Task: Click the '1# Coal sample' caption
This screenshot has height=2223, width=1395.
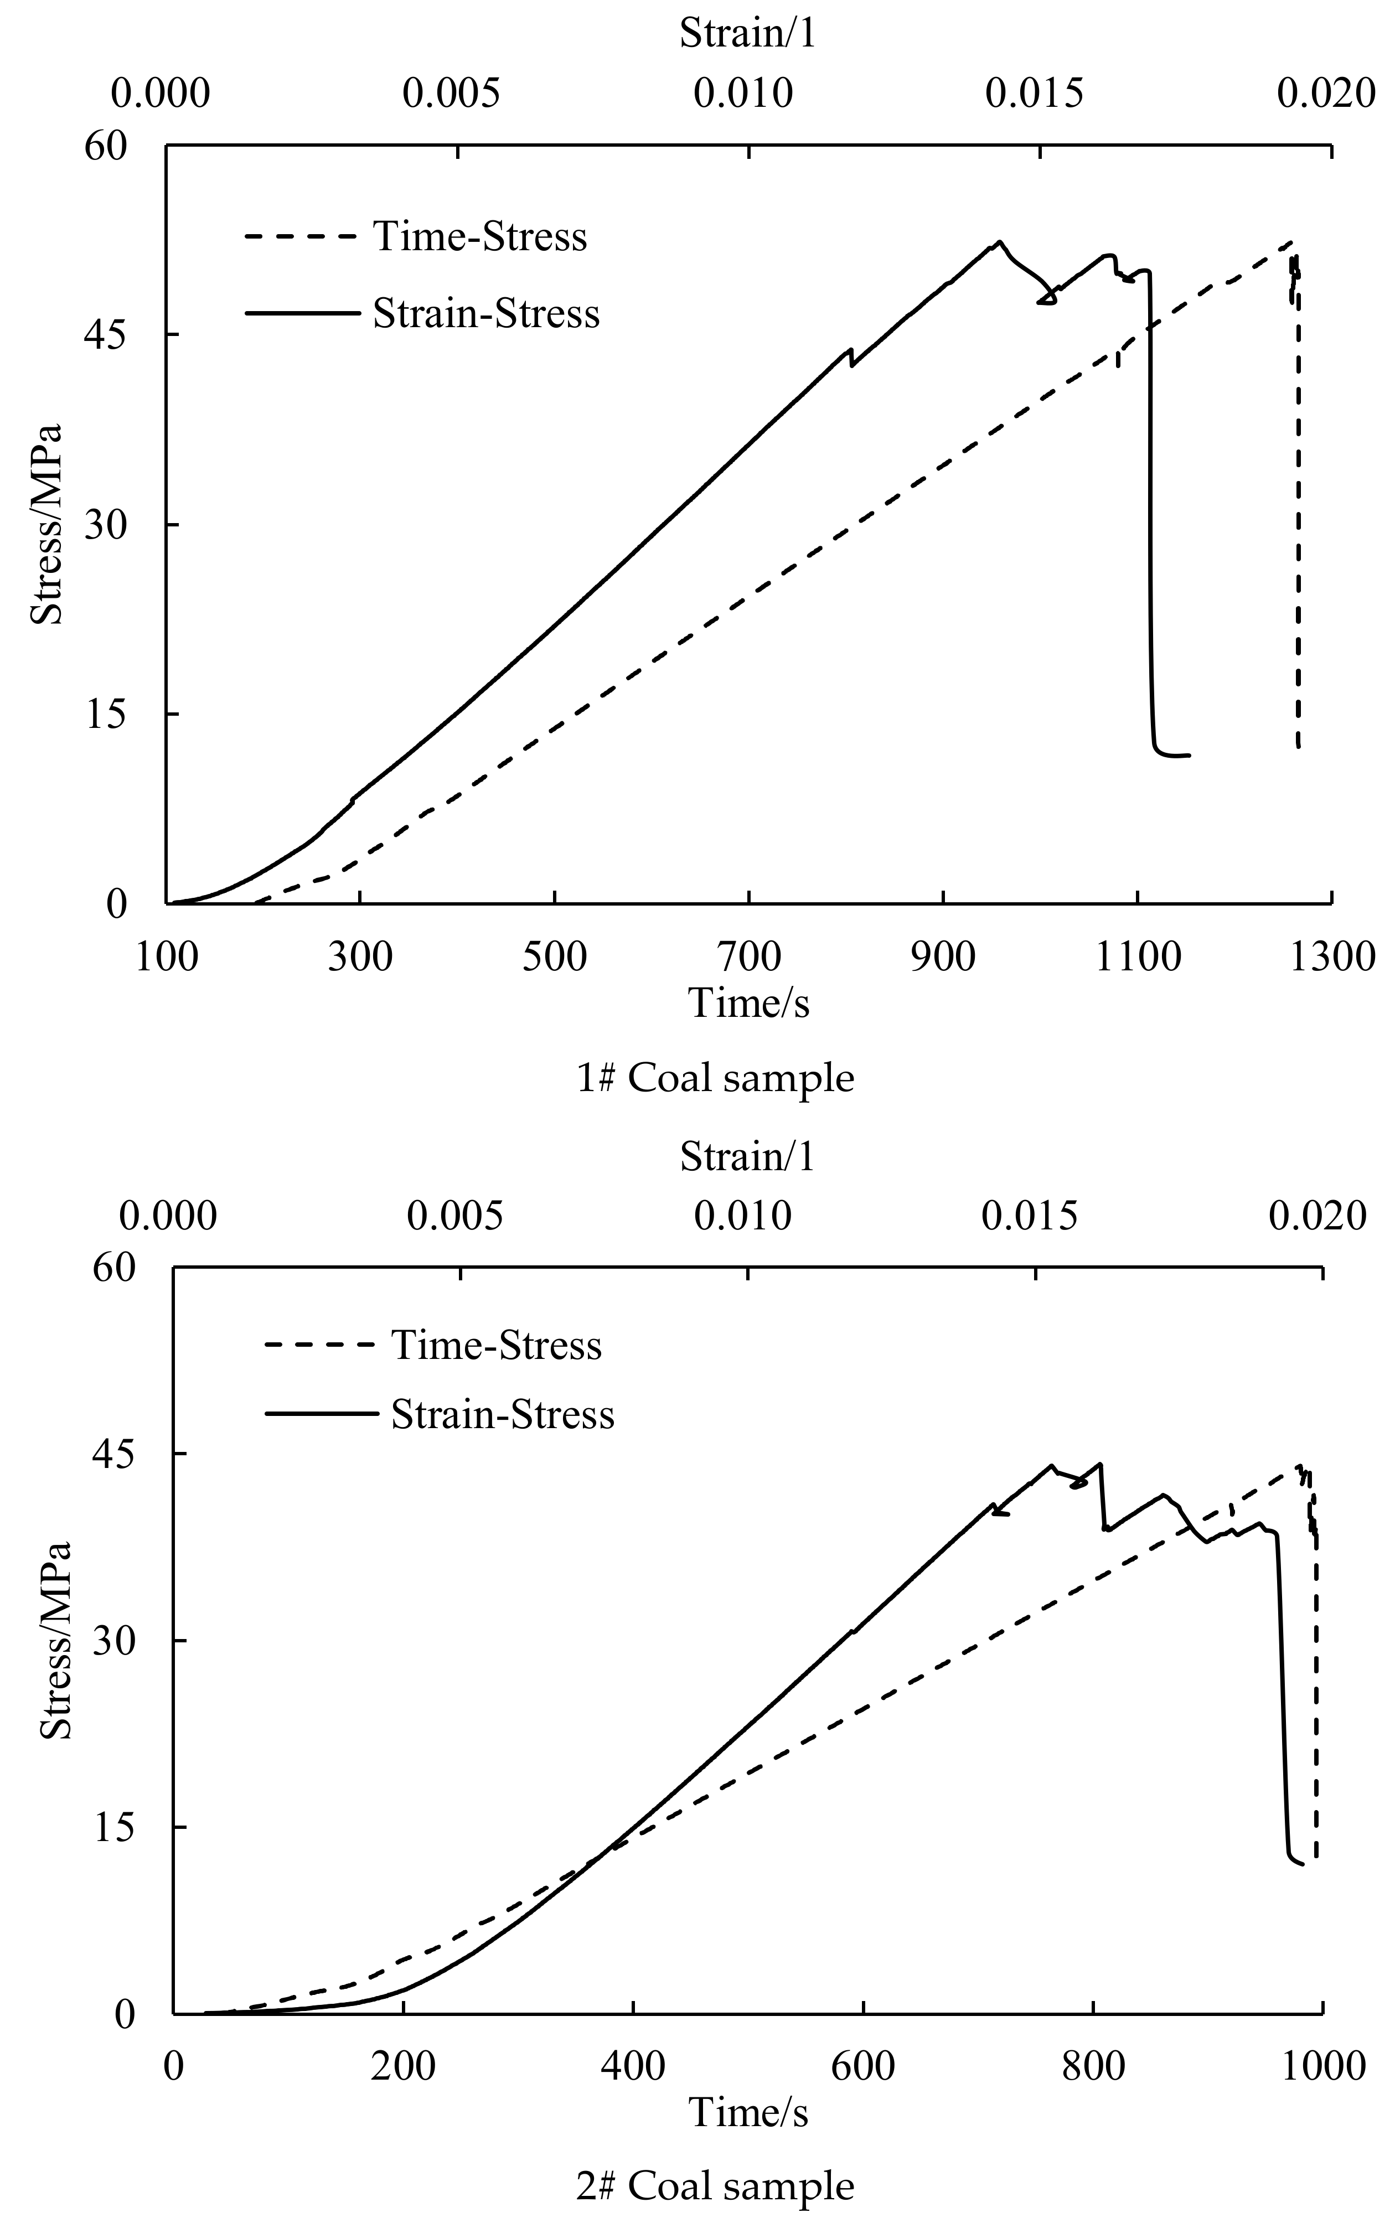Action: tap(715, 1077)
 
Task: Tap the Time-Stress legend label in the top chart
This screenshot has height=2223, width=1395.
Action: tap(480, 236)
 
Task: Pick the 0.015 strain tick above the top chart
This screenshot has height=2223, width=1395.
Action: tap(1034, 93)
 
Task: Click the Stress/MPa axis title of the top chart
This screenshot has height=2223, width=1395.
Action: tap(46, 524)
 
